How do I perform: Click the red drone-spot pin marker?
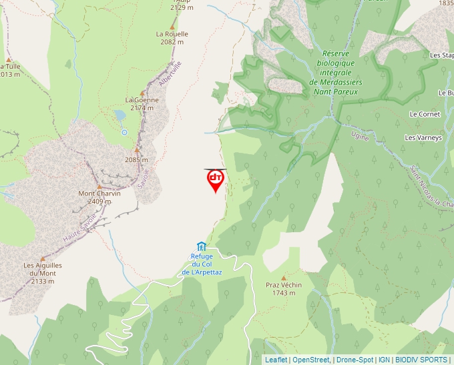[215, 179]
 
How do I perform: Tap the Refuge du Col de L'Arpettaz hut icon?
[202, 247]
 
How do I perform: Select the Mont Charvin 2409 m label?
[99, 197]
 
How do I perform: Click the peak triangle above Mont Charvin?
[100, 186]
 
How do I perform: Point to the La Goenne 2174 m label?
[142, 103]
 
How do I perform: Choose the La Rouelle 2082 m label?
[172, 37]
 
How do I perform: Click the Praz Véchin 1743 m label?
[284, 289]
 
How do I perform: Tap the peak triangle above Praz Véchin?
[284, 278]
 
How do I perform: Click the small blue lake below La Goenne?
[120, 115]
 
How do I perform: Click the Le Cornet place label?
[425, 114]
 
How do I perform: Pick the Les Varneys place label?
[423, 137]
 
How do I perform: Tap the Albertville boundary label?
[170, 73]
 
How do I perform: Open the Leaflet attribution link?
[276, 360]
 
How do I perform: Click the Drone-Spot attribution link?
[355, 360]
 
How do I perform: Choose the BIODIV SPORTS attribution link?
[421, 360]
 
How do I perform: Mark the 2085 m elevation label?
[136, 160]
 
